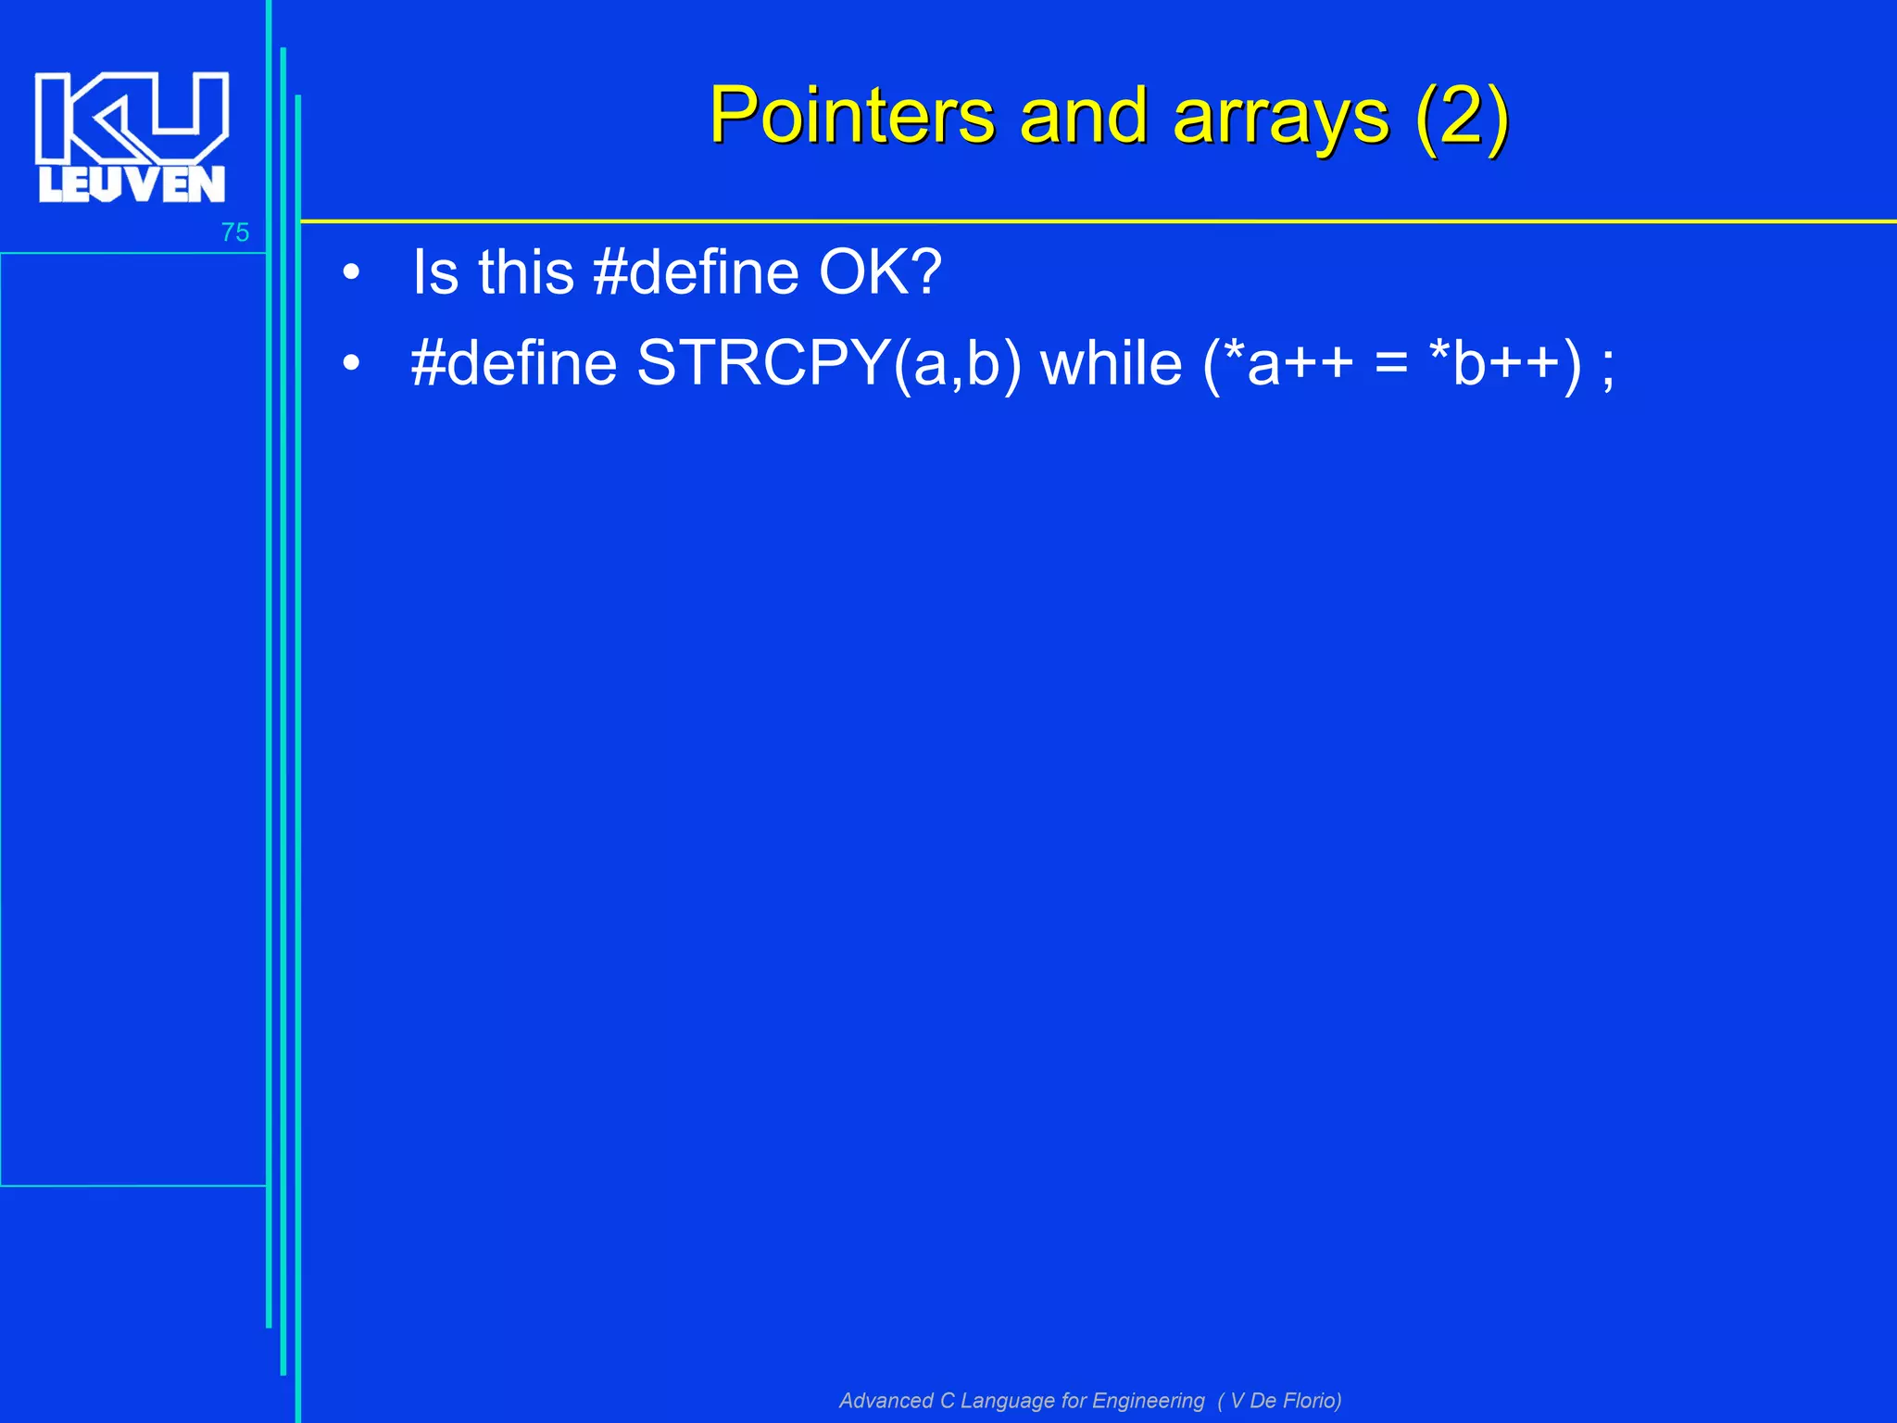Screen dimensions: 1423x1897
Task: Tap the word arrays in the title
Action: point(1281,118)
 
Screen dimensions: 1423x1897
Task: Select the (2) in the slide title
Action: point(1462,118)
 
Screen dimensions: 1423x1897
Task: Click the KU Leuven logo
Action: point(132,137)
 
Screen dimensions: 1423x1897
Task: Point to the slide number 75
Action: point(235,233)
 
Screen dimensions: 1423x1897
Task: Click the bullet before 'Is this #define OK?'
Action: point(350,274)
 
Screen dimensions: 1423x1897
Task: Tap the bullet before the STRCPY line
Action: point(350,364)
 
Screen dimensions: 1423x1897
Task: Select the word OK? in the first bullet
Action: point(880,272)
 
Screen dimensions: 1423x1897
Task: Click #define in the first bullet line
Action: point(696,272)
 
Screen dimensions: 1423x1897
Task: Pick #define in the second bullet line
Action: point(514,362)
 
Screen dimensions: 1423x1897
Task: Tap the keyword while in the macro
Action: point(1112,362)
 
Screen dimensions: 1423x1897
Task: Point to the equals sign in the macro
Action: point(1391,363)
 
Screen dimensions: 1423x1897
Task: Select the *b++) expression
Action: point(1505,363)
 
